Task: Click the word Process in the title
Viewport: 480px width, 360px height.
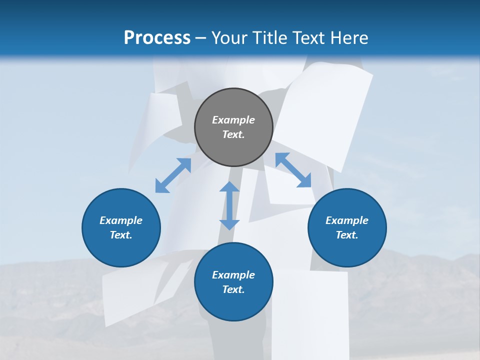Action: pyautogui.click(x=157, y=38)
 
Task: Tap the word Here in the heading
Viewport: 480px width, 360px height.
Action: pyautogui.click(x=348, y=38)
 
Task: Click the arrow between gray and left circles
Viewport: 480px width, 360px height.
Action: pyautogui.click(x=173, y=175)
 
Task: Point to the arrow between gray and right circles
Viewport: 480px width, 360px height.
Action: pyautogui.click(x=293, y=170)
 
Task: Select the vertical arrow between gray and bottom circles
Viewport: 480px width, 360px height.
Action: pyautogui.click(x=229, y=205)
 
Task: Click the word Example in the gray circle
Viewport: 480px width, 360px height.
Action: pyautogui.click(x=233, y=120)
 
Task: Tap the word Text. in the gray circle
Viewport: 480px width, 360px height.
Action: pyautogui.click(x=233, y=134)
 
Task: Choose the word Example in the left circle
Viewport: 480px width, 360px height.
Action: pyautogui.click(x=121, y=220)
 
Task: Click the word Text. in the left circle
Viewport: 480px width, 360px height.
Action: pyautogui.click(x=121, y=235)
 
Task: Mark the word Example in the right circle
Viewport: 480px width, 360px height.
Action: pyautogui.click(x=347, y=220)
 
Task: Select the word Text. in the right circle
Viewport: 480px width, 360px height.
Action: pyautogui.click(x=347, y=235)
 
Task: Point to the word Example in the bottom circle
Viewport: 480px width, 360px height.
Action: pyautogui.click(x=233, y=275)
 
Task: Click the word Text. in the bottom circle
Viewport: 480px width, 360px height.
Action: pyautogui.click(x=233, y=289)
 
